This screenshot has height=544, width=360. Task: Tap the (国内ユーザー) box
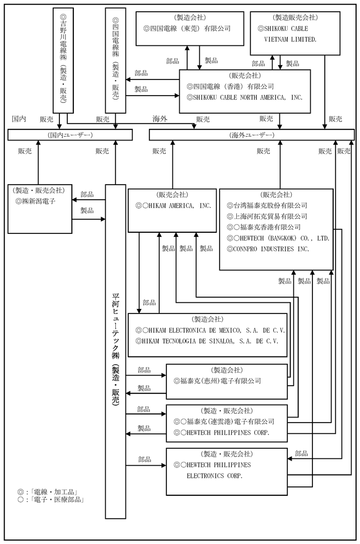[x=70, y=135]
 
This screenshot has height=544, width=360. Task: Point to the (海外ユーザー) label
[x=252, y=135]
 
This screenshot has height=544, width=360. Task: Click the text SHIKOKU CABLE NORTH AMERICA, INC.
[x=245, y=97]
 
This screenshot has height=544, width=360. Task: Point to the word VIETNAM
[x=275, y=40]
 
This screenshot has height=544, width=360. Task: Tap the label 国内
[x=19, y=119]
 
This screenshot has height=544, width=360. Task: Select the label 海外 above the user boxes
[x=160, y=119]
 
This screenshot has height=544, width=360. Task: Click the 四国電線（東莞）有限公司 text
[x=187, y=29]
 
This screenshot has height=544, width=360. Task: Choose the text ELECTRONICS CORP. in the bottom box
[x=214, y=476]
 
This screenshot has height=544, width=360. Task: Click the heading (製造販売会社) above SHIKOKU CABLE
[x=295, y=18]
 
